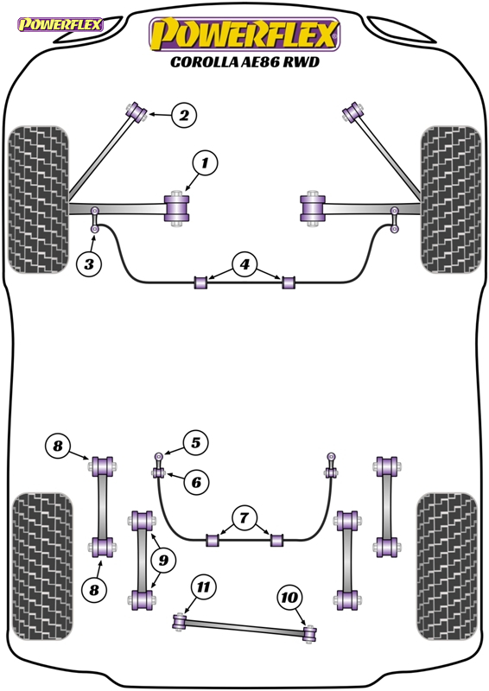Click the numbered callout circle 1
coord(205,163)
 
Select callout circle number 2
coord(184,116)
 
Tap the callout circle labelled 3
coord(89,264)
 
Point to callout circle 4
coord(244,264)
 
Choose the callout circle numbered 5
coord(195,442)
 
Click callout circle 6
coord(196,482)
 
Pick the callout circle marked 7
coord(244,518)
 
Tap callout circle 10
coord(289,598)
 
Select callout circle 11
coord(203,587)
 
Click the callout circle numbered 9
coord(163,560)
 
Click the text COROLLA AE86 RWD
coord(244,62)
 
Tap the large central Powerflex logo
coord(244,35)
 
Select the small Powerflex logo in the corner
coord(60,24)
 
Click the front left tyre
coord(39,200)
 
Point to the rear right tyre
coord(448,567)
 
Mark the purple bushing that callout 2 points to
coord(137,112)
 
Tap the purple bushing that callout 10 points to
coord(310,634)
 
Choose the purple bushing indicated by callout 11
coord(180,621)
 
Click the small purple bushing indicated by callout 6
coord(159,473)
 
